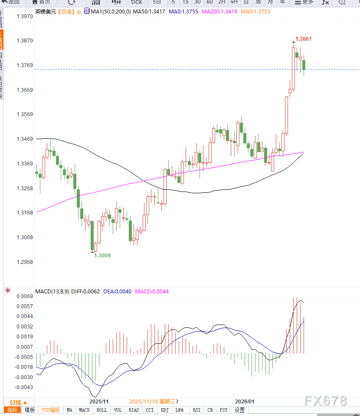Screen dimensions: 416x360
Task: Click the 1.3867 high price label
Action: pos(303,39)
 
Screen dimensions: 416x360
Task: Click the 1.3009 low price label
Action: pos(103,255)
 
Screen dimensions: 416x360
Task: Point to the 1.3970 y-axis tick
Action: pos(25,16)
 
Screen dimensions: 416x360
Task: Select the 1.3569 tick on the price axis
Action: pos(25,114)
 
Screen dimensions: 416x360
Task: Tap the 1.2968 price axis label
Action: pos(25,262)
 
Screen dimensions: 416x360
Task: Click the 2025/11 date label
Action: pos(98,401)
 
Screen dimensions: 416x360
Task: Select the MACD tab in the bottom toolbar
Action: pos(84,410)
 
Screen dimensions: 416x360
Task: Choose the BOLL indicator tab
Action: pos(101,410)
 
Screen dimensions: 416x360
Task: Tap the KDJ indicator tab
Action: pos(164,410)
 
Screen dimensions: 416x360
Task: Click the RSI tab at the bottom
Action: pos(196,410)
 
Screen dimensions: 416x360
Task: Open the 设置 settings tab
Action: pos(240,410)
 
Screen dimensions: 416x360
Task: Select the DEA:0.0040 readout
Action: pos(117,292)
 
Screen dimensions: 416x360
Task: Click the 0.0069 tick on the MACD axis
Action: pos(25,296)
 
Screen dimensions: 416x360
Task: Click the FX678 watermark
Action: pos(326,401)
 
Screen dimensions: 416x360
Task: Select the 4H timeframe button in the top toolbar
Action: pos(234,2)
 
